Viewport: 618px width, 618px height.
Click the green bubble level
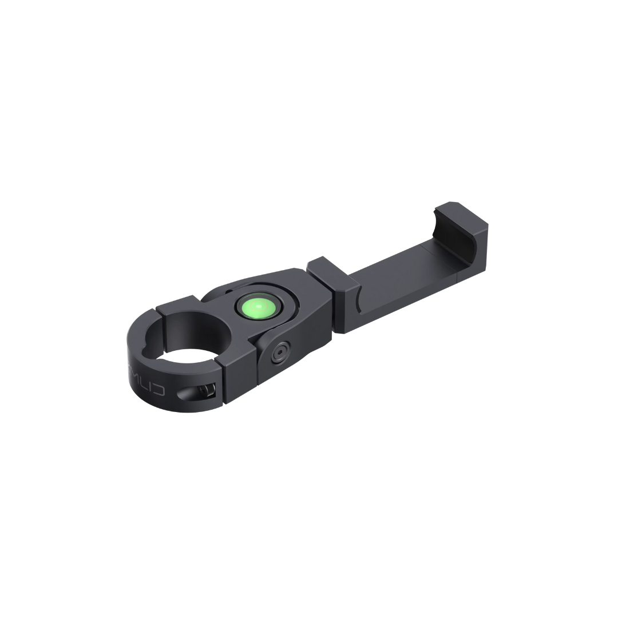pos(259,308)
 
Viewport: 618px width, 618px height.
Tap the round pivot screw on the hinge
pos(280,353)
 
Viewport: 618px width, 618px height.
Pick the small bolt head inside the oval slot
pos(207,391)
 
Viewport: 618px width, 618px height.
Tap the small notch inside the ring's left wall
pos(145,346)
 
